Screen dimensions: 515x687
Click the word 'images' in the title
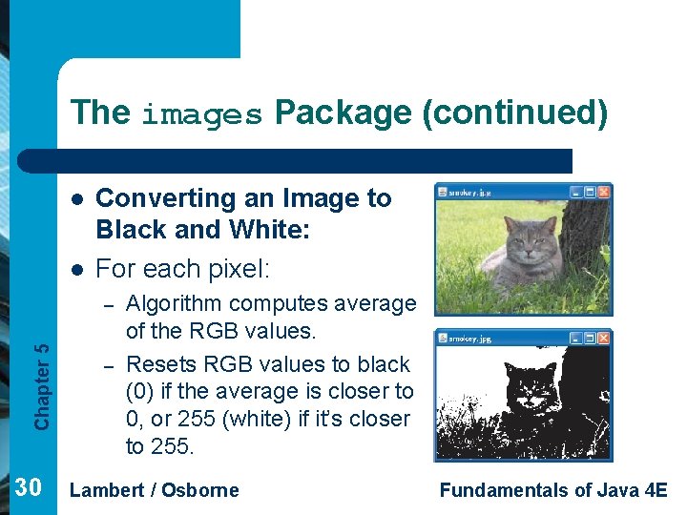coord(201,114)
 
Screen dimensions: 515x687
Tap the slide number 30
coord(29,488)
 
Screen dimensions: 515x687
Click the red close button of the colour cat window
coord(604,192)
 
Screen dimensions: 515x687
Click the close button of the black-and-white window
coord(604,339)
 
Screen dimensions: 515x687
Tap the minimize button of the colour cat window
coord(575,192)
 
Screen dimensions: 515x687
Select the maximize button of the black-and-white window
coord(590,339)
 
